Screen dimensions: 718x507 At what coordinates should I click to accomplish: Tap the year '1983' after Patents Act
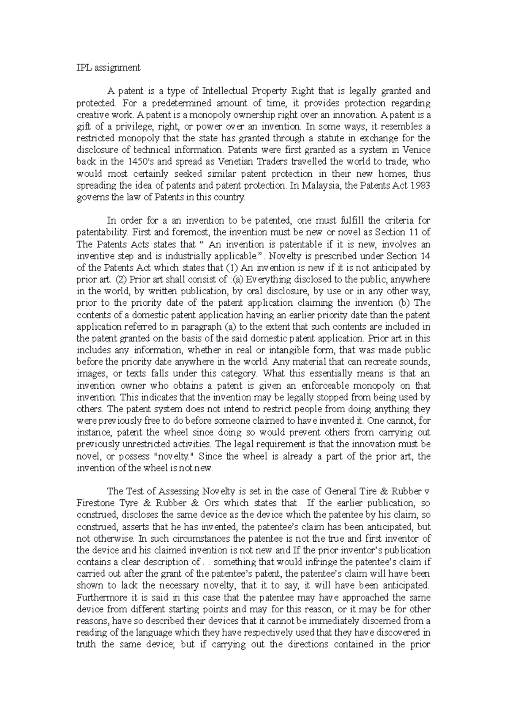tap(420, 185)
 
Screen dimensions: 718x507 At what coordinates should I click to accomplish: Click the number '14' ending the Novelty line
tap(425, 256)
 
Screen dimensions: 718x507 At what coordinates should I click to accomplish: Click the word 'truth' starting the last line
tap(86, 645)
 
